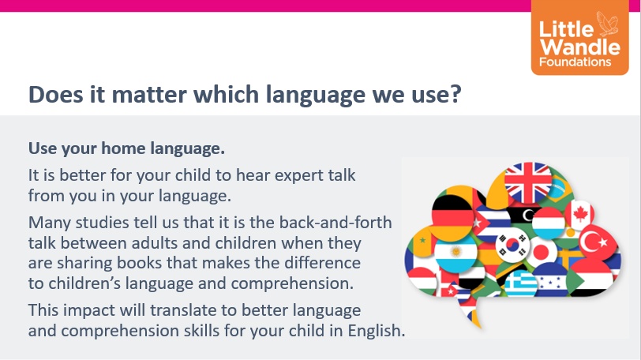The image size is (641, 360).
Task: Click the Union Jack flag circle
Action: (x=528, y=182)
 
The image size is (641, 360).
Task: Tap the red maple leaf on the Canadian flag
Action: (x=580, y=214)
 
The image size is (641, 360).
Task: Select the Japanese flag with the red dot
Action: (x=542, y=252)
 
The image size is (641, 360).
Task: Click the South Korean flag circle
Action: (x=512, y=246)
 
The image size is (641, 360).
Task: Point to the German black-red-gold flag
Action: (x=452, y=217)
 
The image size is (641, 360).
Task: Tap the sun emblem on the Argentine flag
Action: (x=455, y=251)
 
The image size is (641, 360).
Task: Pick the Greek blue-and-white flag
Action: (x=520, y=283)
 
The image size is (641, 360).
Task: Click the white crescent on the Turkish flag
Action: (x=590, y=242)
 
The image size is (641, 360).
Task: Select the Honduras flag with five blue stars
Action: (x=550, y=279)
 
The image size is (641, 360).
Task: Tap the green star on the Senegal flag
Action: (x=422, y=240)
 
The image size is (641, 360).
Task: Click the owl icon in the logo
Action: (x=607, y=24)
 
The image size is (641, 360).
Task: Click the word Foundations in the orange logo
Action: (x=575, y=62)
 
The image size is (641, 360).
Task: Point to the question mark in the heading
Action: (x=455, y=94)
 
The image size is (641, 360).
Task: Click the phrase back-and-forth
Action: (x=335, y=223)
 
